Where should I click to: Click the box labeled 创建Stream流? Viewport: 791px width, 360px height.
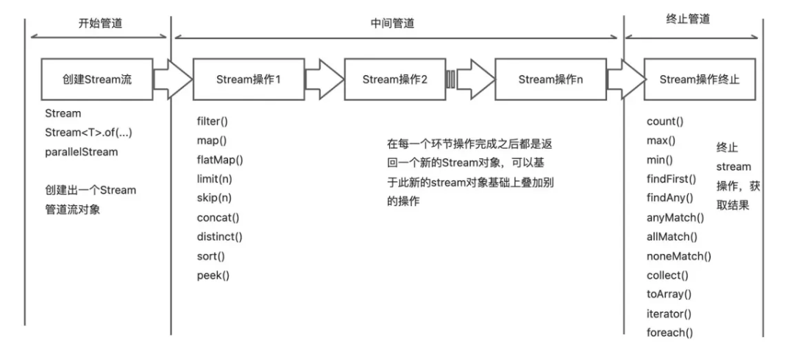tap(97, 80)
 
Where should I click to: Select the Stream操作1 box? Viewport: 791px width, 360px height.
tap(249, 80)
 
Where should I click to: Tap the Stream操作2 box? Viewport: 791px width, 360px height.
tap(395, 80)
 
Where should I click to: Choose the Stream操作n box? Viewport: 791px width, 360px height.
tap(551, 80)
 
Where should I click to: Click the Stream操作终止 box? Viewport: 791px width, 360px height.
tap(700, 80)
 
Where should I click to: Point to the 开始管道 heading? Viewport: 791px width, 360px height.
tap(100, 24)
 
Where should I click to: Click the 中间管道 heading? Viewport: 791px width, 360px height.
tap(392, 24)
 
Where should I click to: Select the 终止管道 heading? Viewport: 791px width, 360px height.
tap(688, 19)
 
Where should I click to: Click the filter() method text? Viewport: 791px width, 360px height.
tap(213, 121)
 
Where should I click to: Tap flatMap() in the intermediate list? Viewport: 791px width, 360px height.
tap(220, 160)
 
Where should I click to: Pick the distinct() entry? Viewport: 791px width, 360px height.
tap(219, 236)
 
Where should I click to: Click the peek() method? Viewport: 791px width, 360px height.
tap(213, 275)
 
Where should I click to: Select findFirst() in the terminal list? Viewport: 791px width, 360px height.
tap(671, 179)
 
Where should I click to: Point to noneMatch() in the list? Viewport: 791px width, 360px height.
tap(679, 256)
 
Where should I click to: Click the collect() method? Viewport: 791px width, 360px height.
tap(667, 275)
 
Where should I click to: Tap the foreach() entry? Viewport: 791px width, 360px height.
tap(670, 332)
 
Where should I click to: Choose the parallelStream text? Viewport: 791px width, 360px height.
tap(81, 152)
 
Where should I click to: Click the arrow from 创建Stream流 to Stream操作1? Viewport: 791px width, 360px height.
tap(172, 80)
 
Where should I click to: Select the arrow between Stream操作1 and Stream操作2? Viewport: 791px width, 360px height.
tap(324, 80)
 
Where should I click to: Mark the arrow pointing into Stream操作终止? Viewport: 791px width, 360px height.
tap(625, 80)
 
